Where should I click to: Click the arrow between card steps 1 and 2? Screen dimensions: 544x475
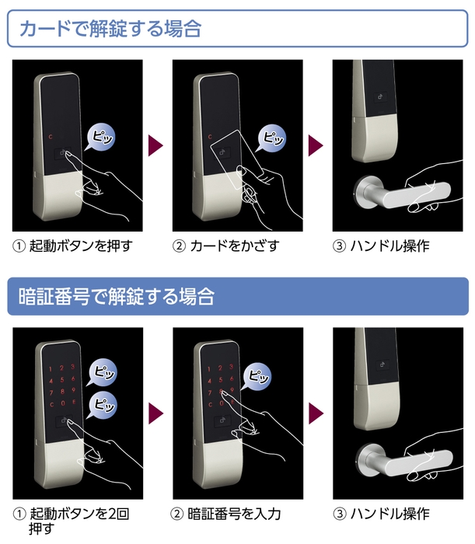[156, 145]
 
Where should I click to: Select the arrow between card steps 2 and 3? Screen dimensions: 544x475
[315, 145]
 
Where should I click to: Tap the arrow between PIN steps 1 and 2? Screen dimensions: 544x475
[156, 412]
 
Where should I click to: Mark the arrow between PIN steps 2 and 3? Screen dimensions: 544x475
[315, 412]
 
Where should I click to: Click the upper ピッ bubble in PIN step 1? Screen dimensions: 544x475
[103, 370]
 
